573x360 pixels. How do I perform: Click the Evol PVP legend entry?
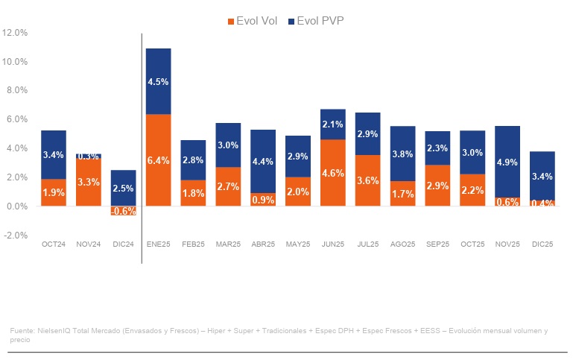(x=320, y=21)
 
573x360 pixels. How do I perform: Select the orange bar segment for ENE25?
(x=158, y=160)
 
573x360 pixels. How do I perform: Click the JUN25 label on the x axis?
(x=333, y=244)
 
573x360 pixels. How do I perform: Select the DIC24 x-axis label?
(x=123, y=244)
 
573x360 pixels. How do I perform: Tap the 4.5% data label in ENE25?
(x=158, y=82)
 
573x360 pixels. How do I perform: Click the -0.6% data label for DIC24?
(x=123, y=211)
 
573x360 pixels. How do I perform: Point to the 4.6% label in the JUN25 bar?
(x=333, y=173)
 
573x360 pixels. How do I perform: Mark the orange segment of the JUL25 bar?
(x=368, y=180)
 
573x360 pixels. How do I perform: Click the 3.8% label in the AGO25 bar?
(x=403, y=155)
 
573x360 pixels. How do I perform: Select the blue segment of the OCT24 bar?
(x=53, y=155)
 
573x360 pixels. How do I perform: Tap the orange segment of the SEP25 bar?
(x=438, y=185)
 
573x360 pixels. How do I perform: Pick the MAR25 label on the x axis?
(x=228, y=244)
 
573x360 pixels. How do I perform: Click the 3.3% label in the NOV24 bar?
(x=88, y=181)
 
